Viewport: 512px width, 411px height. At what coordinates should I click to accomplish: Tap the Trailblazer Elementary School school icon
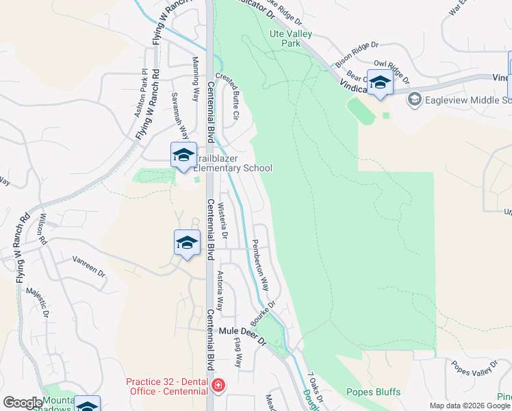tap(183, 155)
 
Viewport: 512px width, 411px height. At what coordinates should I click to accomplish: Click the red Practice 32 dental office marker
tap(218, 386)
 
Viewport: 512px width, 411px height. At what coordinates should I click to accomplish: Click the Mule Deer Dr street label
tap(242, 332)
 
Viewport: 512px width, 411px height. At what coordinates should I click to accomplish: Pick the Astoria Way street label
tap(220, 291)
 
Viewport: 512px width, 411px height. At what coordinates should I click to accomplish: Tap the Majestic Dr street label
tap(36, 303)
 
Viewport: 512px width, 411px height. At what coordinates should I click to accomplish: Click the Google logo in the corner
tap(22, 403)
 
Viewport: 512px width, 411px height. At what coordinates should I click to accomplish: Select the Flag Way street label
tap(238, 351)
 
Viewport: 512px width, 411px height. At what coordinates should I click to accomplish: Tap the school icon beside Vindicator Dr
tap(380, 83)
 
